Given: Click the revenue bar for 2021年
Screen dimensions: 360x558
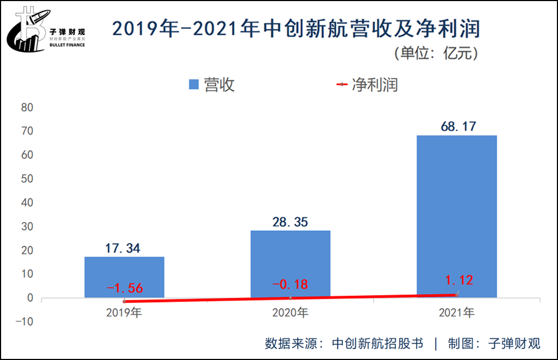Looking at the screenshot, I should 456,216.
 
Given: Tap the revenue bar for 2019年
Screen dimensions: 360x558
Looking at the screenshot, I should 124,276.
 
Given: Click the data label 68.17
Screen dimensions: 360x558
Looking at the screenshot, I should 456,127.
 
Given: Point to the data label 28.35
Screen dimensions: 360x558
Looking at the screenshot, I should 290,222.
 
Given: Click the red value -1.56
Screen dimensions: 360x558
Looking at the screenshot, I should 125,288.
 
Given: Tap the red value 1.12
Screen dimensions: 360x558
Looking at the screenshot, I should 459,280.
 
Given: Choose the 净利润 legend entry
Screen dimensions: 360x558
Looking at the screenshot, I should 367,85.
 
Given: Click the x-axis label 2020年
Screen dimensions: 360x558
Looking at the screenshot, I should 290,312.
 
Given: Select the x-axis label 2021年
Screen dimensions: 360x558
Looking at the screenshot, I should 456,312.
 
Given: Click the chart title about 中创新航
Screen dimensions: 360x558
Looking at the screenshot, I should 296,28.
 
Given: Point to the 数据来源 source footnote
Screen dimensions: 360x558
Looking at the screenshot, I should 403,343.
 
